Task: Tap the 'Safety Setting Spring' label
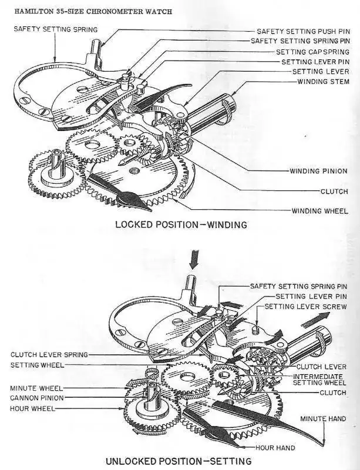[56, 29]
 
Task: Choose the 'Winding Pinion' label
[319, 171]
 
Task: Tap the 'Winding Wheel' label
[320, 211]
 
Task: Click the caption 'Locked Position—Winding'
[181, 224]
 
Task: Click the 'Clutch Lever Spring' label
[49, 355]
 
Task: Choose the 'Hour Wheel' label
[32, 408]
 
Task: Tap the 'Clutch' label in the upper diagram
[334, 192]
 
